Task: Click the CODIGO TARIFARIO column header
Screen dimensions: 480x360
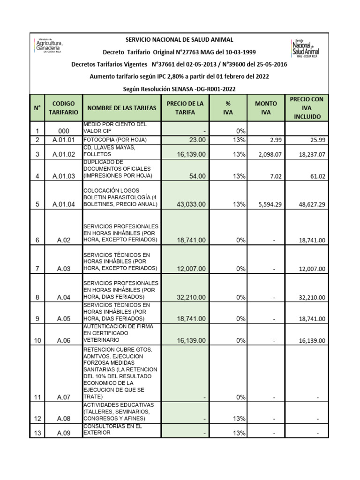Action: pos(64,108)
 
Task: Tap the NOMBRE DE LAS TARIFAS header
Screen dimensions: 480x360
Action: pos(121,108)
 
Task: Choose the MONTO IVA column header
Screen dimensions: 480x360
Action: pos(266,108)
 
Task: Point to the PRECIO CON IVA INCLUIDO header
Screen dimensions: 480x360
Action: pos(307,108)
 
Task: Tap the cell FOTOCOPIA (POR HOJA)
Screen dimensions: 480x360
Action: pos(115,140)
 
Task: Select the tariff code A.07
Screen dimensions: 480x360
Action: pos(64,397)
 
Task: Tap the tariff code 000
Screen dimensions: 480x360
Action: pos(64,131)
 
